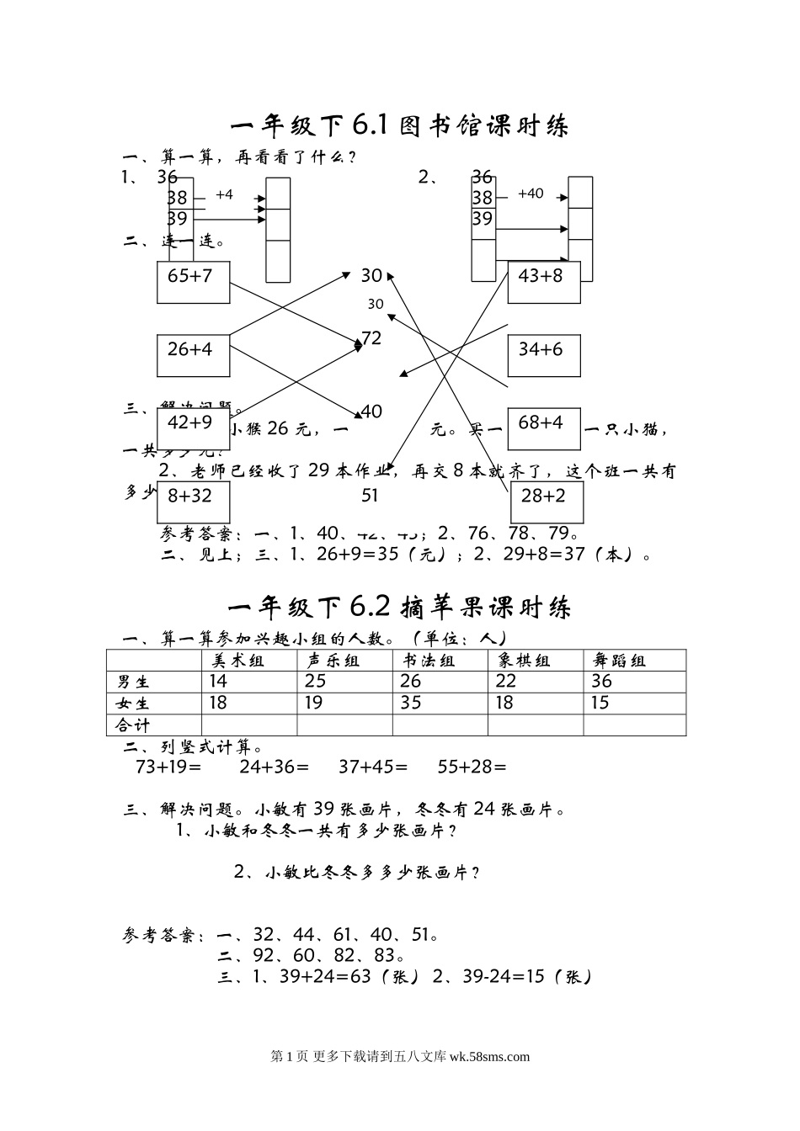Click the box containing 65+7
[193, 282]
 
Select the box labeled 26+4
[193, 355]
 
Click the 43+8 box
[543, 282]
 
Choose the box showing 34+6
[543, 355]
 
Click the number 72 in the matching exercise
[371, 338]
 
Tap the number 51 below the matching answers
[370, 496]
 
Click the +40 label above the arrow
[531, 194]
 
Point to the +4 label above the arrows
[224, 195]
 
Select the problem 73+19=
[168, 767]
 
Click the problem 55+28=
[472, 767]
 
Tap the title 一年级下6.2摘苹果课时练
[399, 607]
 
